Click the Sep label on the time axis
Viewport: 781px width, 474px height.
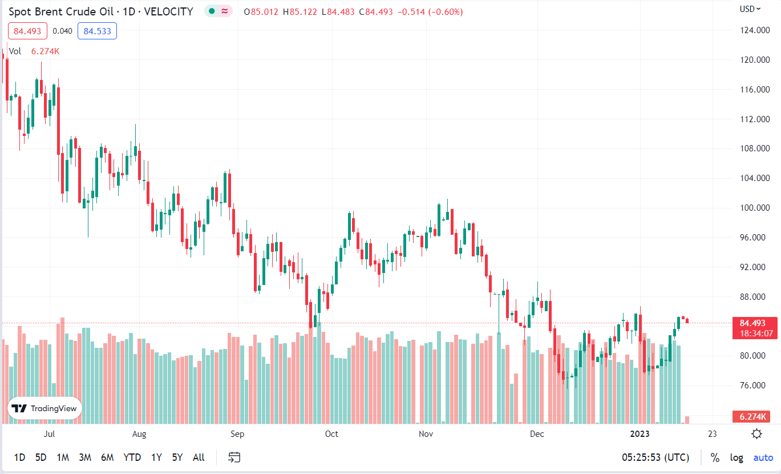[x=237, y=434]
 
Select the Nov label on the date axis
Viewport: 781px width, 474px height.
[x=426, y=434]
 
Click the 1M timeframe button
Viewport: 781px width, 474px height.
[x=63, y=457]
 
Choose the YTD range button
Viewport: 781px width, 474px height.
[x=132, y=457]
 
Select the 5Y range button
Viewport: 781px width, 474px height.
[x=177, y=457]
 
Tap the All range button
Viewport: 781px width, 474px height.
[x=199, y=457]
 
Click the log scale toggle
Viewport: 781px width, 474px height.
[x=737, y=457]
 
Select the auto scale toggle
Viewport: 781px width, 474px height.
[x=763, y=457]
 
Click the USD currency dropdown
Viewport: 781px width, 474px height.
[x=750, y=9]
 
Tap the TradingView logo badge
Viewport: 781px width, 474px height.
[x=44, y=408]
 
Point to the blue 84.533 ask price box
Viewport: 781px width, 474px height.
[x=97, y=31]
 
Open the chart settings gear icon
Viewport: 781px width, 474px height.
[x=756, y=433]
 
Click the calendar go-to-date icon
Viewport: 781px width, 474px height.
[x=234, y=457]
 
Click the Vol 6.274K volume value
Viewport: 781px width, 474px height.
[x=45, y=51]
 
